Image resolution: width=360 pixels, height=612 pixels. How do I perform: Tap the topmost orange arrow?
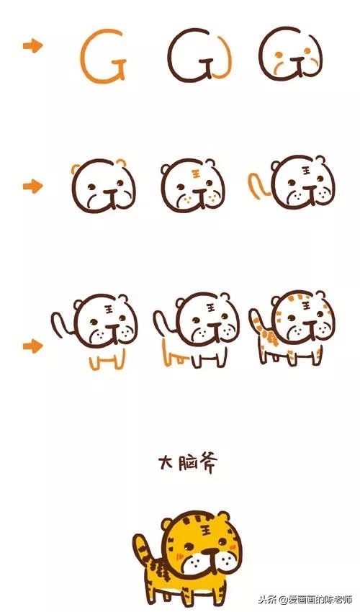(x=32, y=47)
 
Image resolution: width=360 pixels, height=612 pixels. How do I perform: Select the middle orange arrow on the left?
(x=32, y=186)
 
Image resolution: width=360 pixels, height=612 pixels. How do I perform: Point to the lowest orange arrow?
(x=32, y=346)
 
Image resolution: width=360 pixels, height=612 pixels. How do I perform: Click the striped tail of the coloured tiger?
(x=140, y=551)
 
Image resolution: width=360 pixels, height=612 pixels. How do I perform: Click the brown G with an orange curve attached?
(x=199, y=56)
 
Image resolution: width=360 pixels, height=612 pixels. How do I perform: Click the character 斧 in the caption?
(x=205, y=462)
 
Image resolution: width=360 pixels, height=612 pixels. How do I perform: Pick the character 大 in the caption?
(x=168, y=462)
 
